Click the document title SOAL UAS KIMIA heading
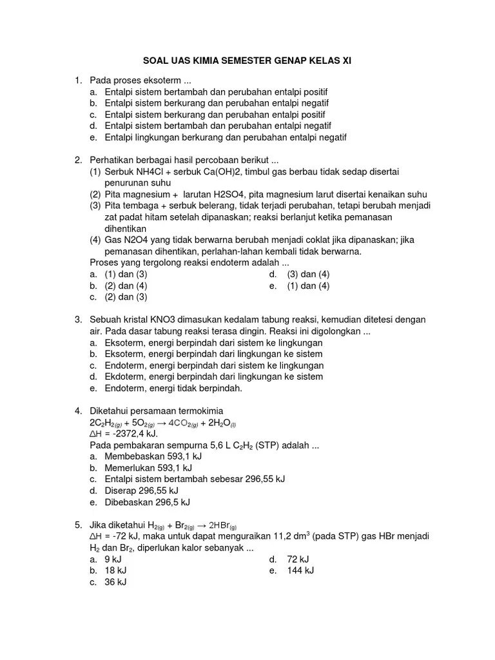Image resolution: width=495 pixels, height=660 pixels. pyautogui.click(x=247, y=60)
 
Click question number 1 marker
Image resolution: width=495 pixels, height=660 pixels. pyautogui.click(x=77, y=81)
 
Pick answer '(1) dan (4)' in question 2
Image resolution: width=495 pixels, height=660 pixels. pyautogui.click(x=308, y=286)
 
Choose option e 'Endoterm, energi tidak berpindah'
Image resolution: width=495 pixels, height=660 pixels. pyautogui.click(x=173, y=388)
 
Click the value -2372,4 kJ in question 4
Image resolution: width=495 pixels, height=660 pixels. pyautogui.click(x=132, y=434)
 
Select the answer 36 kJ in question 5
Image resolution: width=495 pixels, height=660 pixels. pyautogui.click(x=115, y=582)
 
